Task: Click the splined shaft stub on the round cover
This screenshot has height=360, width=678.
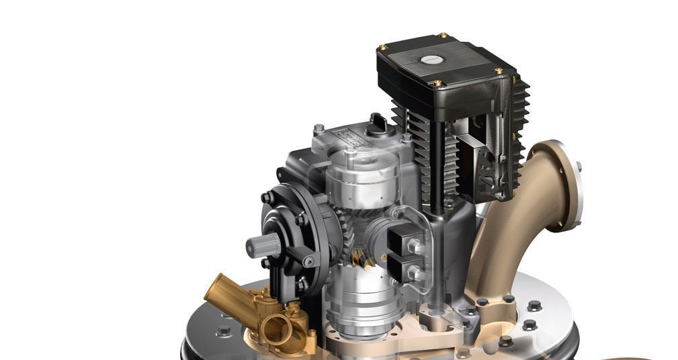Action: (x=262, y=246)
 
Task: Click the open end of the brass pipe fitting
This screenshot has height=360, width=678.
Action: (x=274, y=330)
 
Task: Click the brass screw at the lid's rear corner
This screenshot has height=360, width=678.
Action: (x=443, y=35)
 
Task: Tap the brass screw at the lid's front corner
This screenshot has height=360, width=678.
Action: (x=438, y=83)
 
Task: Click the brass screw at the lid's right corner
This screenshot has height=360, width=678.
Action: (x=499, y=70)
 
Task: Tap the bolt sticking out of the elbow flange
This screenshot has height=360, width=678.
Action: (x=578, y=166)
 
